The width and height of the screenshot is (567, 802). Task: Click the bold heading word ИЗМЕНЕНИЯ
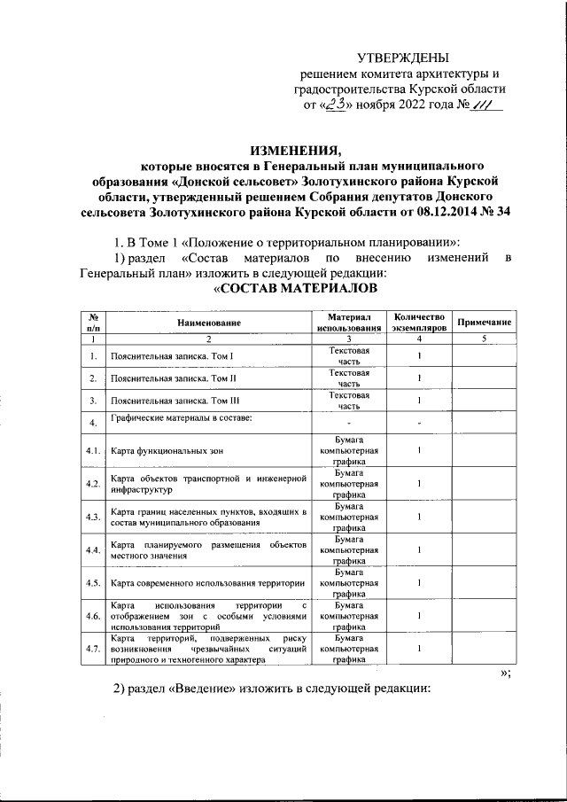pyautogui.click(x=294, y=148)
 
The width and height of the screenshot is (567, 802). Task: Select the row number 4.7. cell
pyautogui.click(x=92, y=650)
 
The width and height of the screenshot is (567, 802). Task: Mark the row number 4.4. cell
pyautogui.click(x=92, y=550)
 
